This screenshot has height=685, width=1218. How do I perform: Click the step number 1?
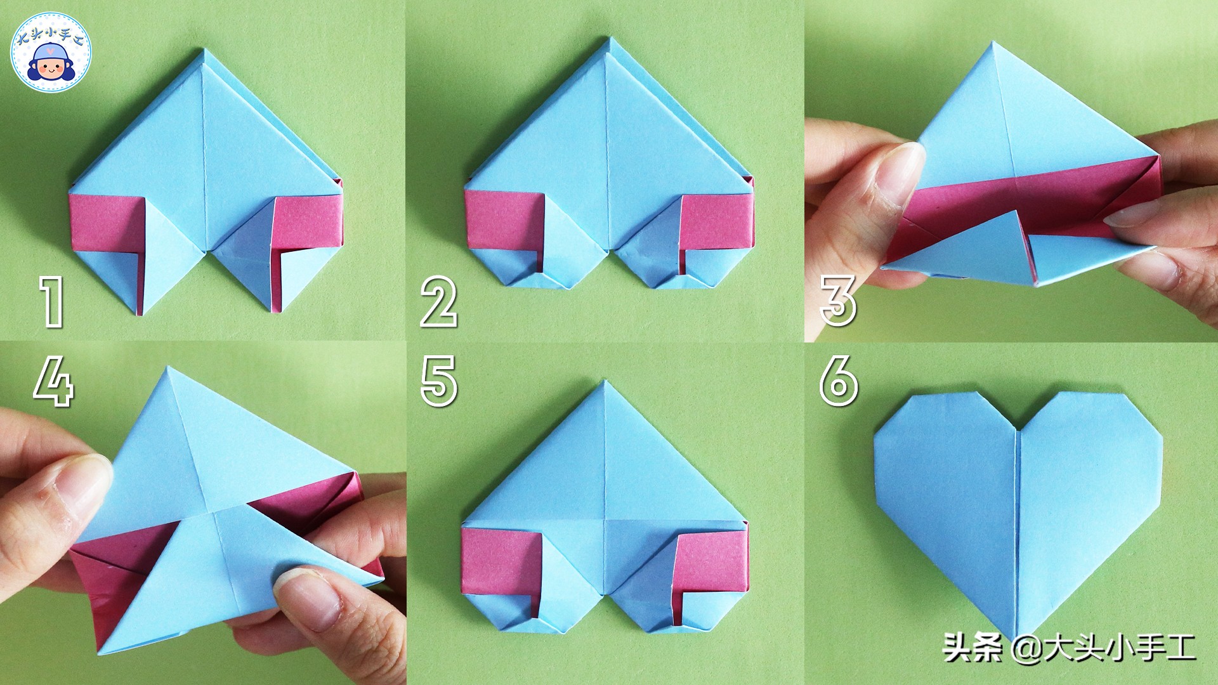click(x=53, y=303)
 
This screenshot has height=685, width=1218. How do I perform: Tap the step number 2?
click(x=439, y=303)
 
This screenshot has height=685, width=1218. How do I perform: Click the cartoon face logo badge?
click(x=52, y=53)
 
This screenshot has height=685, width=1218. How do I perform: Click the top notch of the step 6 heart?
click(x=1018, y=432)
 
